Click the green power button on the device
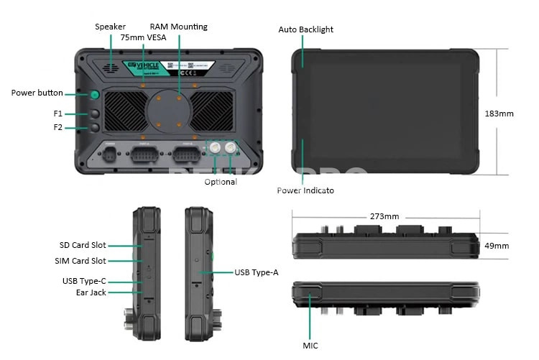95,96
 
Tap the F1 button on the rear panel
95,114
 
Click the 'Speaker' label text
110,27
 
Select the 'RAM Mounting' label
178,27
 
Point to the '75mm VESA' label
144,37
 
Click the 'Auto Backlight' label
305,29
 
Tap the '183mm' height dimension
499,114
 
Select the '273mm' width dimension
384,216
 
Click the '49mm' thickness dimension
497,246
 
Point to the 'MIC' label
310,346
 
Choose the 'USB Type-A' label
257,272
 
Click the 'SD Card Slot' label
83,245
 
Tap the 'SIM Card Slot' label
80,261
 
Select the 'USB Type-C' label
84,280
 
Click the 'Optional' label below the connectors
221,182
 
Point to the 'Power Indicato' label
305,190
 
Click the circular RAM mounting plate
169,111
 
